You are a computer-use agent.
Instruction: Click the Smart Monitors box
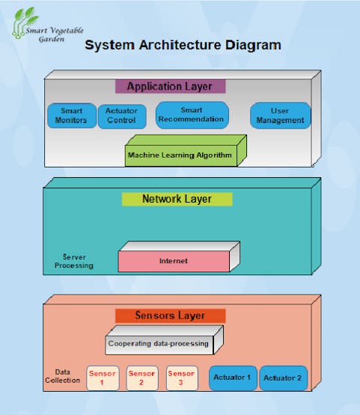[72, 116]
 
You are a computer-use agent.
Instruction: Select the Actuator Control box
[122, 117]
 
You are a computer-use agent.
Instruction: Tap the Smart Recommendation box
[192, 115]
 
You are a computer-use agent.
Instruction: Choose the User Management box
[280, 116]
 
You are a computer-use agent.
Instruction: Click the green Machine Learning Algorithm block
[186, 151]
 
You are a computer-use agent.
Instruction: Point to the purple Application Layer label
[171, 86]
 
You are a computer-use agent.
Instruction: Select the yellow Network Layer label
[177, 199]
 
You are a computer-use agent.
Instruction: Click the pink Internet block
[179, 256]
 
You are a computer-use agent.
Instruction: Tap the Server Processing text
[74, 261]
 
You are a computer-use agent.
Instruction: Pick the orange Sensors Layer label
[171, 316]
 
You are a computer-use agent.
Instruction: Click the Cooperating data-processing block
[164, 340]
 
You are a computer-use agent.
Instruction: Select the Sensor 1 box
[103, 378]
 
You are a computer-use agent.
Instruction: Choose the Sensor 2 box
[142, 378]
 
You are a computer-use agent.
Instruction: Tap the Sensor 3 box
[182, 378]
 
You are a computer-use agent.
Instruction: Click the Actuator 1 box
[233, 378]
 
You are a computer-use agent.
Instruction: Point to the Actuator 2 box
[283, 378]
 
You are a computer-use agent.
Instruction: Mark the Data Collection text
[63, 376]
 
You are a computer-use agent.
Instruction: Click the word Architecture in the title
[180, 45]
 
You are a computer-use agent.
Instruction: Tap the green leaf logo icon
[25, 22]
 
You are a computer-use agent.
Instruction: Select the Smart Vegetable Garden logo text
[55, 34]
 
